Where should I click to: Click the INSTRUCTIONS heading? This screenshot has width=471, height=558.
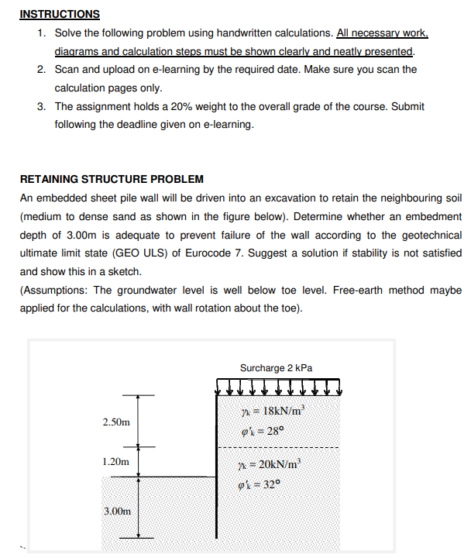coord(60,14)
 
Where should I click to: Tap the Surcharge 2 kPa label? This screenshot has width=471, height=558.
coord(277,367)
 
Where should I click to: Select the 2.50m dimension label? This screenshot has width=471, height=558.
coord(116,422)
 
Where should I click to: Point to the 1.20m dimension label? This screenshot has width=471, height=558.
coord(116,462)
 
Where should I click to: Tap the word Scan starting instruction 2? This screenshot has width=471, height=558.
coord(67,70)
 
